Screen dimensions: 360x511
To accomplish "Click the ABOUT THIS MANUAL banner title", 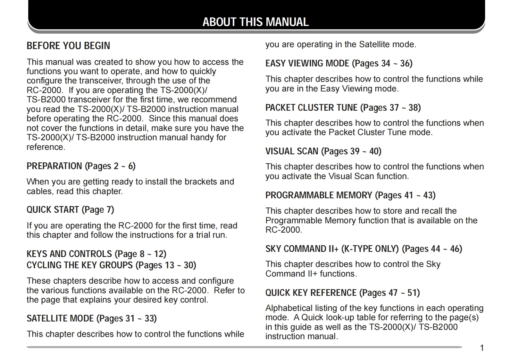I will (255, 22).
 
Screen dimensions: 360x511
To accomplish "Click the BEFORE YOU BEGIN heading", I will (68, 46).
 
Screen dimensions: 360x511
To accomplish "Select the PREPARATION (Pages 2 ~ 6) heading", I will (81, 166).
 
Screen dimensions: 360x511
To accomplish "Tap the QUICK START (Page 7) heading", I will (70, 210).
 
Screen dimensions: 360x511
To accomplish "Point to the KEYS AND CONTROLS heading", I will (96, 254).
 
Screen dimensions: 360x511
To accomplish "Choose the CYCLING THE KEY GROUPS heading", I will (111, 265).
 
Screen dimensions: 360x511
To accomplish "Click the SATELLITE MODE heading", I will (92, 318).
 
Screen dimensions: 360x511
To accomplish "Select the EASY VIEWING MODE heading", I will (339, 63).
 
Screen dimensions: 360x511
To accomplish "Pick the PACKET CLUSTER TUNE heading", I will (343, 107).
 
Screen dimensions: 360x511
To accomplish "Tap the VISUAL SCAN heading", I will (323, 151).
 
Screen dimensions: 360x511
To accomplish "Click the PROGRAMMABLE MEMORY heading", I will (350, 195).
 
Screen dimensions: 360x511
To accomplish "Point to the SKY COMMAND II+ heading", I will (364, 249).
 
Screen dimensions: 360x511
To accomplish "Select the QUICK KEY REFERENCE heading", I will (342, 293).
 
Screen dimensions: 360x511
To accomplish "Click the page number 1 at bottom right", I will (482, 348).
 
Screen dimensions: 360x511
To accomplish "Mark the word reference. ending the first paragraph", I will (46, 147).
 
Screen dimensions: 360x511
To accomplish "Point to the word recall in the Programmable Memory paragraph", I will (430, 211).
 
